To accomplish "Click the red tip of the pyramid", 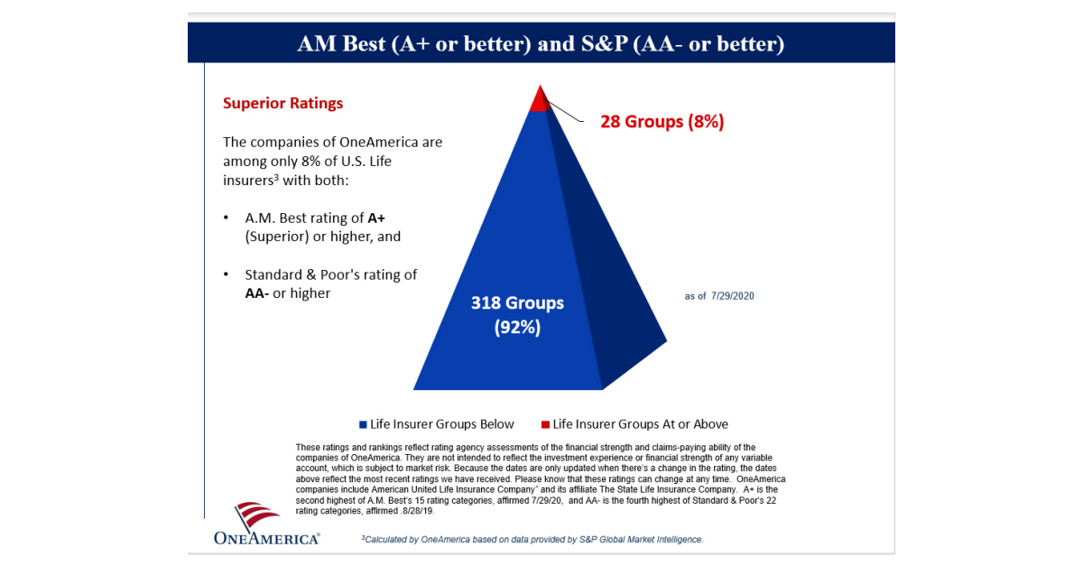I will (540, 101).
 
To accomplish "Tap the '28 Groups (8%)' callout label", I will (662, 122).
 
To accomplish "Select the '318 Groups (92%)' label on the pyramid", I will (517, 314).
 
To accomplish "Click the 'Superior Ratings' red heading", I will (282, 103).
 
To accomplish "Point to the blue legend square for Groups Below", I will (363, 424).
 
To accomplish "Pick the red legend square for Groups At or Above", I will (544, 424).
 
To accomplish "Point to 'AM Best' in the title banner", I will (340, 44).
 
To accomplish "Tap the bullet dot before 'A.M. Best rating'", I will (226, 219).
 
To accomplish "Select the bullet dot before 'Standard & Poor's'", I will (226, 274).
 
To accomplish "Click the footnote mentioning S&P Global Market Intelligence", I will (532, 539).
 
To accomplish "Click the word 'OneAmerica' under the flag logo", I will (266, 539).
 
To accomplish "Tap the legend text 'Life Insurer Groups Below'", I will (442, 424).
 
